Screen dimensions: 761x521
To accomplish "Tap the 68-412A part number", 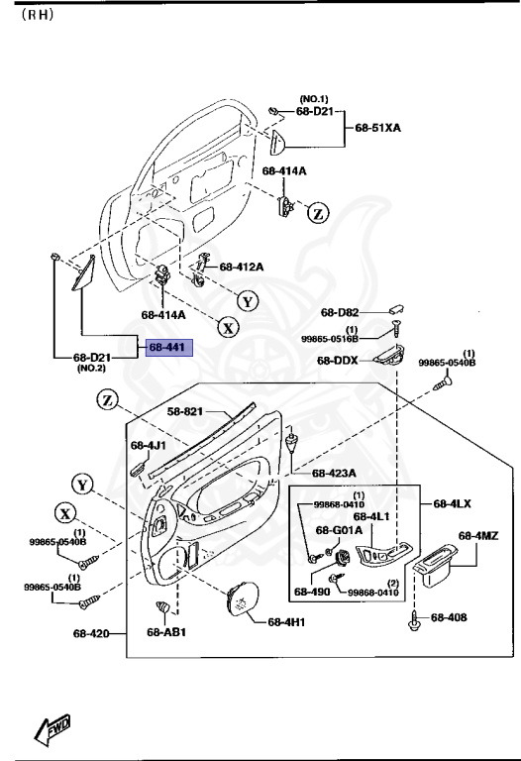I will click(x=242, y=267).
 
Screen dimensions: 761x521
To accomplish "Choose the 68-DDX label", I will click(x=338, y=361).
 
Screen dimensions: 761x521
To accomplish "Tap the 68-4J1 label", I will click(x=147, y=445).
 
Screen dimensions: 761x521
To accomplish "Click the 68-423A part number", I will click(x=333, y=473).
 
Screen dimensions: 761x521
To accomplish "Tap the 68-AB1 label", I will click(x=167, y=631).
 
